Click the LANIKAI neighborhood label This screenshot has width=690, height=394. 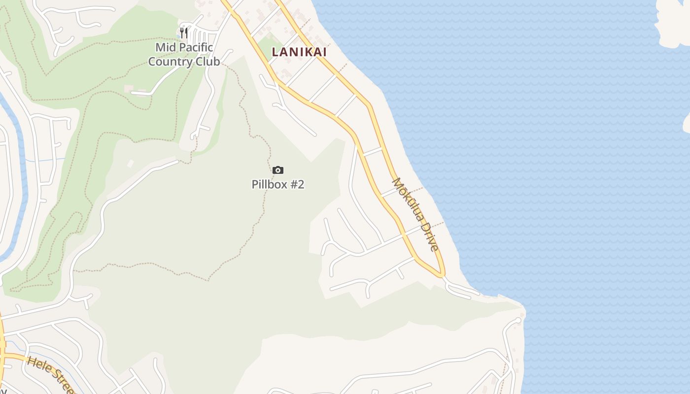point(299,52)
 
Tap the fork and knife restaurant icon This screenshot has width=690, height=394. point(184,33)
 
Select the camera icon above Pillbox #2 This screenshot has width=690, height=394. point(278,170)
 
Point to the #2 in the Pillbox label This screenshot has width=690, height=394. point(297,185)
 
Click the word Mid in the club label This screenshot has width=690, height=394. point(166,47)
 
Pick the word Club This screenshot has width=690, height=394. point(207,62)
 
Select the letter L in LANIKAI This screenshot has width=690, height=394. point(276,52)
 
